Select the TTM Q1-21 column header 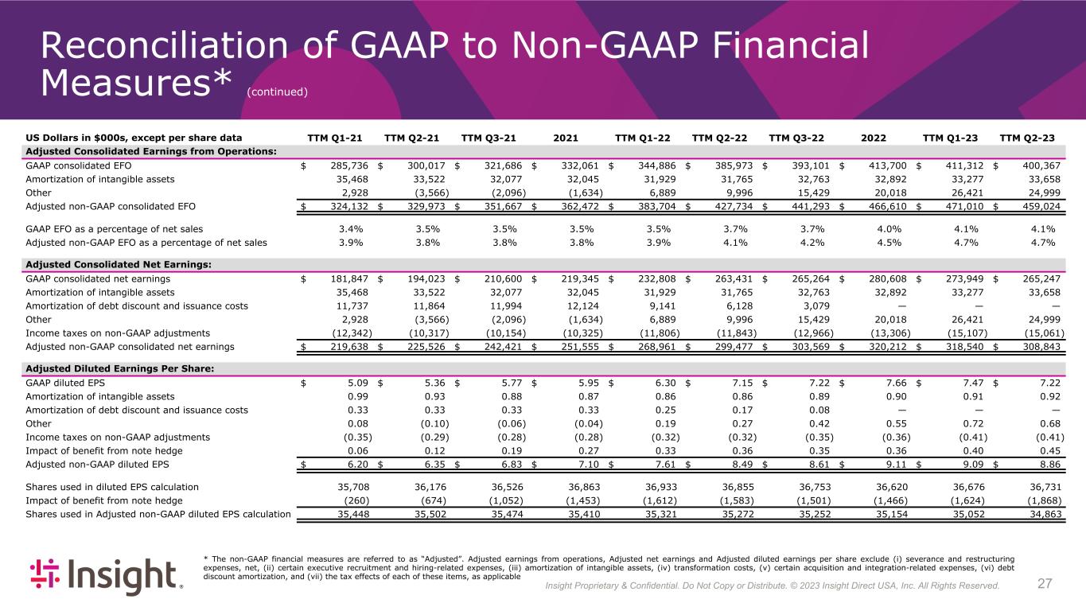335,138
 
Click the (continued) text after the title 277,91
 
